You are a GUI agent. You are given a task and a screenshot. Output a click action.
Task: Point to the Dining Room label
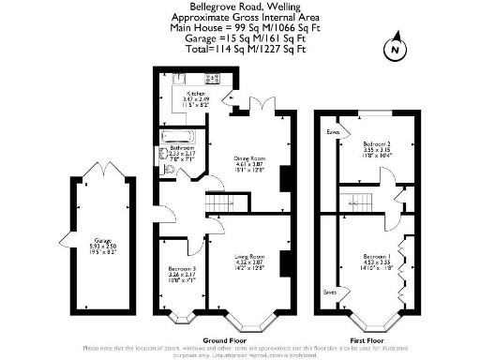point(249,165)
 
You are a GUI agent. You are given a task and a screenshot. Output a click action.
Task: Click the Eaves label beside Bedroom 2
point(331,133)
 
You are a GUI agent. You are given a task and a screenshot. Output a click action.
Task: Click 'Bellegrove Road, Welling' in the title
point(240,7)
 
